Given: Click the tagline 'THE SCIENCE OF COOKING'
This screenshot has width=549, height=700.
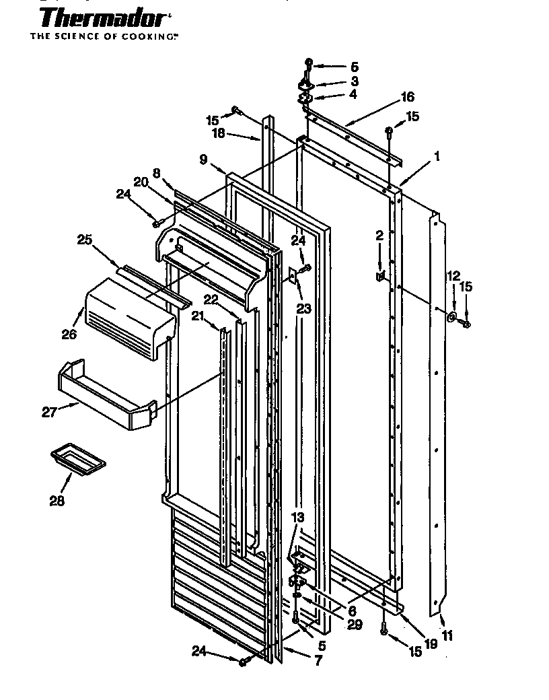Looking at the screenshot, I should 104,36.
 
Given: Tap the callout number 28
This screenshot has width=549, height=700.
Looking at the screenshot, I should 57,501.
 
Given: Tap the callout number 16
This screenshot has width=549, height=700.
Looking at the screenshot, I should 407,97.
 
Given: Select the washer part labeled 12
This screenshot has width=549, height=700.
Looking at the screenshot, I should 451,316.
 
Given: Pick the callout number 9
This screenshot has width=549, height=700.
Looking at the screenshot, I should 203,160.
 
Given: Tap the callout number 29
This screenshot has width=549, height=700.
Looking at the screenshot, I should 355,625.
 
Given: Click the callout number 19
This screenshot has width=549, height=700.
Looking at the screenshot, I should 431,643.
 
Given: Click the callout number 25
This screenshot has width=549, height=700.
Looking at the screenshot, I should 85,240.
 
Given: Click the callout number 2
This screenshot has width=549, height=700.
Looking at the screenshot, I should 379,236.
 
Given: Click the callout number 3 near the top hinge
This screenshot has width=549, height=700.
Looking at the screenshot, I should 354,81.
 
